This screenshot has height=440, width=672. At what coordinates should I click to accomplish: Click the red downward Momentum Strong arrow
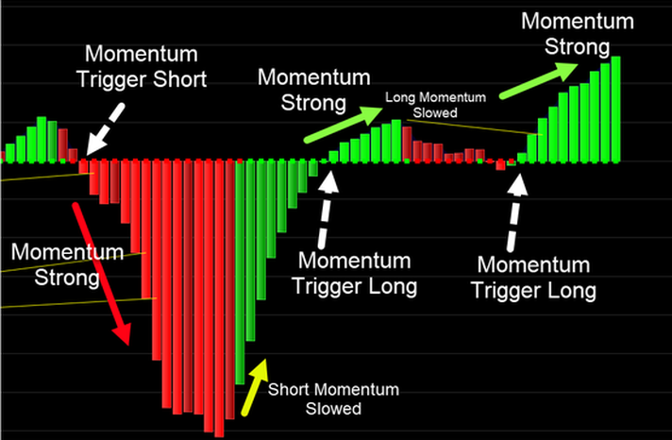(101, 274)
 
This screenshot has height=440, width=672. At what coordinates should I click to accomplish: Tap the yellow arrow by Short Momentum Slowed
(255, 387)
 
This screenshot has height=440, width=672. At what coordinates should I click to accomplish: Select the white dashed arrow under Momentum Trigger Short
(106, 129)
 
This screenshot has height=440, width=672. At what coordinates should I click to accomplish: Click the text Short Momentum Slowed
(333, 398)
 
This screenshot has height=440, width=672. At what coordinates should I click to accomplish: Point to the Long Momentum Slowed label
(435, 105)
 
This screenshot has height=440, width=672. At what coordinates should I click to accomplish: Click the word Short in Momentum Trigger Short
(180, 79)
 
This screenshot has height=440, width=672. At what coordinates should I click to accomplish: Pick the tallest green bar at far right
(616, 110)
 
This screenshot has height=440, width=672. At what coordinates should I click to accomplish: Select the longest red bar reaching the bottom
(219, 298)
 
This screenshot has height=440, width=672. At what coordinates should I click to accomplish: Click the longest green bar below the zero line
(240, 272)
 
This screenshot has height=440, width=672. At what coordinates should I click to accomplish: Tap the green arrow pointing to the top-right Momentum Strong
(539, 81)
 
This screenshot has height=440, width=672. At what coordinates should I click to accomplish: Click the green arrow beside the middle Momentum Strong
(343, 125)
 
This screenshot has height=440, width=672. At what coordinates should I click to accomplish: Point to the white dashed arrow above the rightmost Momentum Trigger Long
(515, 212)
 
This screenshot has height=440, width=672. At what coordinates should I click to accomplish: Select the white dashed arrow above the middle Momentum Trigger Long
(327, 211)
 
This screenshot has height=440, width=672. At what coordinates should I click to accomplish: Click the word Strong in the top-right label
(577, 46)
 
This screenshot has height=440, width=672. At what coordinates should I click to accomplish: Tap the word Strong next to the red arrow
(67, 278)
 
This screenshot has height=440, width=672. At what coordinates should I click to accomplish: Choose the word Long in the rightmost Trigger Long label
(570, 291)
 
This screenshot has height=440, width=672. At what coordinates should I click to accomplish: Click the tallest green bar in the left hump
(42, 140)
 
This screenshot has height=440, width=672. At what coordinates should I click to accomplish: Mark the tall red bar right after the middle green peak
(407, 144)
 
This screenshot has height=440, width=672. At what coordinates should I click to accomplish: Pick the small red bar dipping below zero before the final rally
(500, 165)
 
